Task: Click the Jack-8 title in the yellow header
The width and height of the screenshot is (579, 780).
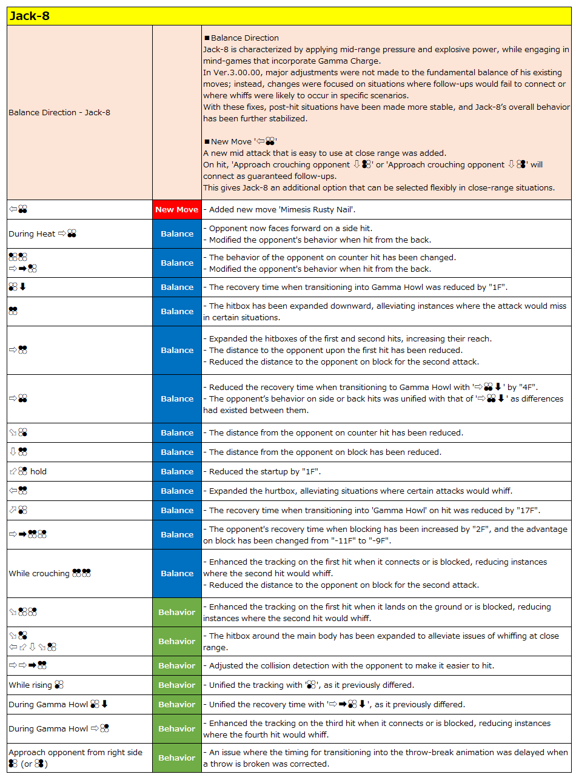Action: [30, 16]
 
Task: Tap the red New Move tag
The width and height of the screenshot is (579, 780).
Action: [176, 210]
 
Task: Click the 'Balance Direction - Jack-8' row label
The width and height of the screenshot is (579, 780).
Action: [59, 113]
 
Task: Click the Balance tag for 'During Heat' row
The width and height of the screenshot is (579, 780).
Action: [176, 234]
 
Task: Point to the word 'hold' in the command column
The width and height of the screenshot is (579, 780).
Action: [38, 472]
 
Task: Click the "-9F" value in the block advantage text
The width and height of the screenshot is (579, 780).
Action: [377, 541]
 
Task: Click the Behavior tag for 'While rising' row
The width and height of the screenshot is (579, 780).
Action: [176, 685]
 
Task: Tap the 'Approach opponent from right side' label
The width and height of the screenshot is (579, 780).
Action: [75, 753]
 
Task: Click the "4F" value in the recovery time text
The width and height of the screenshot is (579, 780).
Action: [527, 388]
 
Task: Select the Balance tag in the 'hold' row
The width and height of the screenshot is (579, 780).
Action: [176, 472]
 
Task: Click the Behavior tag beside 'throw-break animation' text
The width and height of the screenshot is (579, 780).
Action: [176, 758]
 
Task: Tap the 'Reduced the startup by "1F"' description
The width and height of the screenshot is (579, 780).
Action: [265, 472]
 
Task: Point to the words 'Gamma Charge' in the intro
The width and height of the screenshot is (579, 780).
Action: [356, 61]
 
